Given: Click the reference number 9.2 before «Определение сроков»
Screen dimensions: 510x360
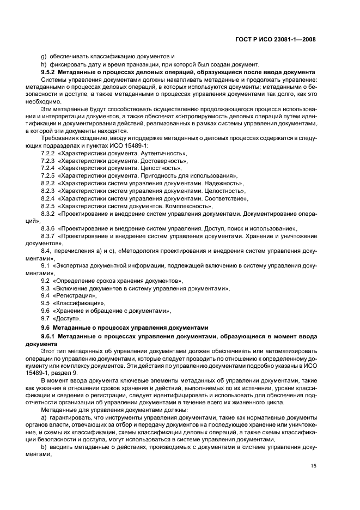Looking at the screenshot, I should [46, 280].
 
